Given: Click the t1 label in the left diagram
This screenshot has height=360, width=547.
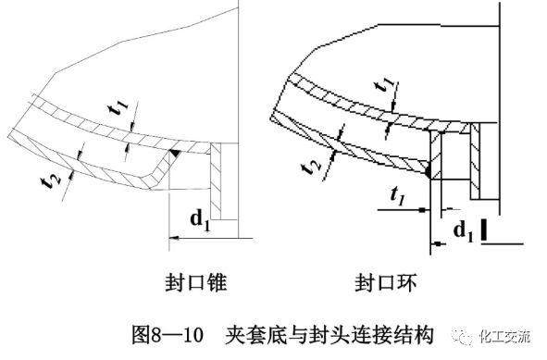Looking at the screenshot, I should point(117,109).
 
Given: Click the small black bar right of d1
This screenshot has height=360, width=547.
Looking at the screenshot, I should point(484,228).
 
